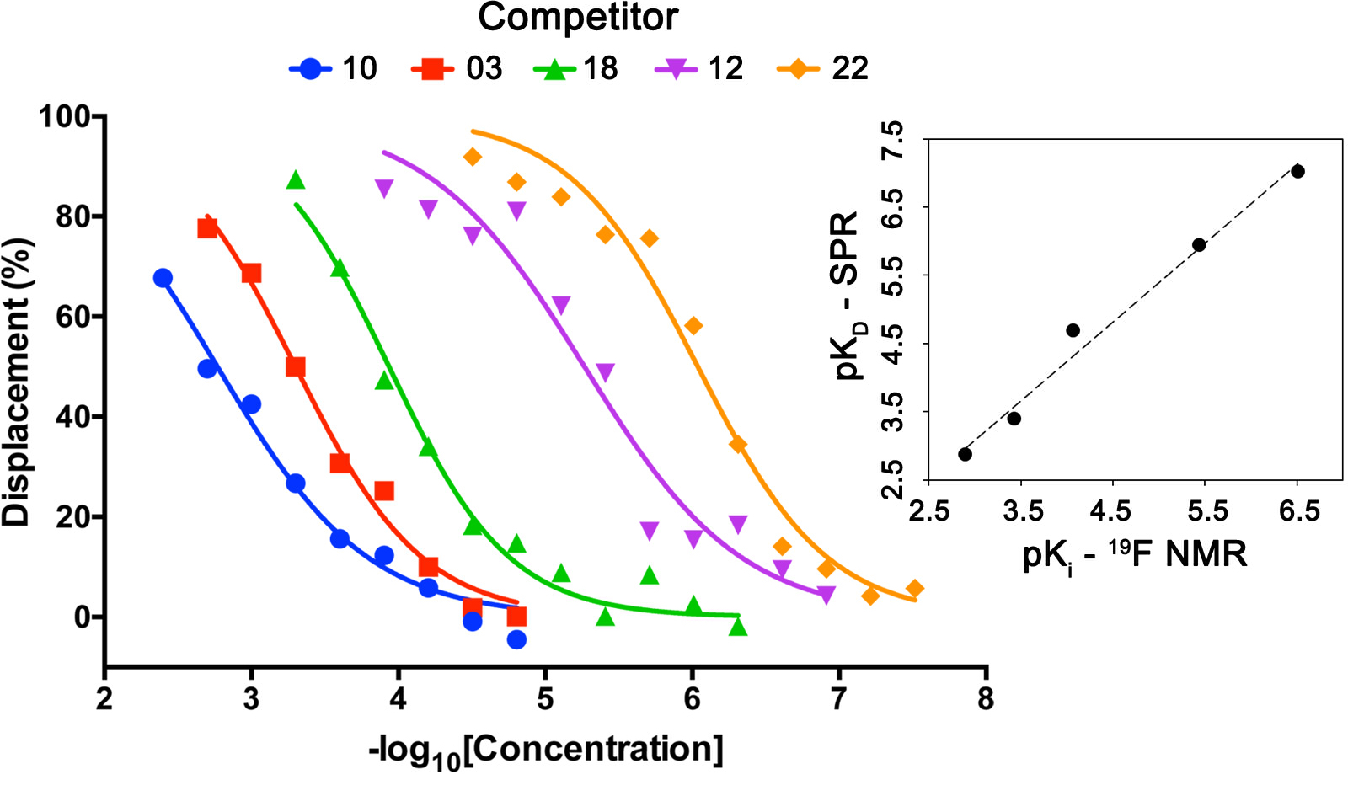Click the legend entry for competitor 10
pos(333,68)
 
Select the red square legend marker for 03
pos(432,68)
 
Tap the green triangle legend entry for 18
pos(554,68)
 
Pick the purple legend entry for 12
pos(677,68)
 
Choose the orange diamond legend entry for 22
pos(798,68)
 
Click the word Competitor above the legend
pos(578,18)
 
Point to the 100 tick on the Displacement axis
pos(65,116)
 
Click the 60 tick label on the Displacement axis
pos(73,317)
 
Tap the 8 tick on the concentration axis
pos(986,698)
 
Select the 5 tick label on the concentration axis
pos(545,698)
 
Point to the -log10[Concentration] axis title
pos(546,751)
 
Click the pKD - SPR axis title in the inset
pos(846,295)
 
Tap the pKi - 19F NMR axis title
pos(1134,555)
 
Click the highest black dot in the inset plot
pos(1297,172)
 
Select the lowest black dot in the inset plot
pos(966,455)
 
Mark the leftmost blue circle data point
pos(163,278)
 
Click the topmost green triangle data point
pos(295,180)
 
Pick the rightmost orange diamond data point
pos(915,589)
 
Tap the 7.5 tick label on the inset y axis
pos(891,140)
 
